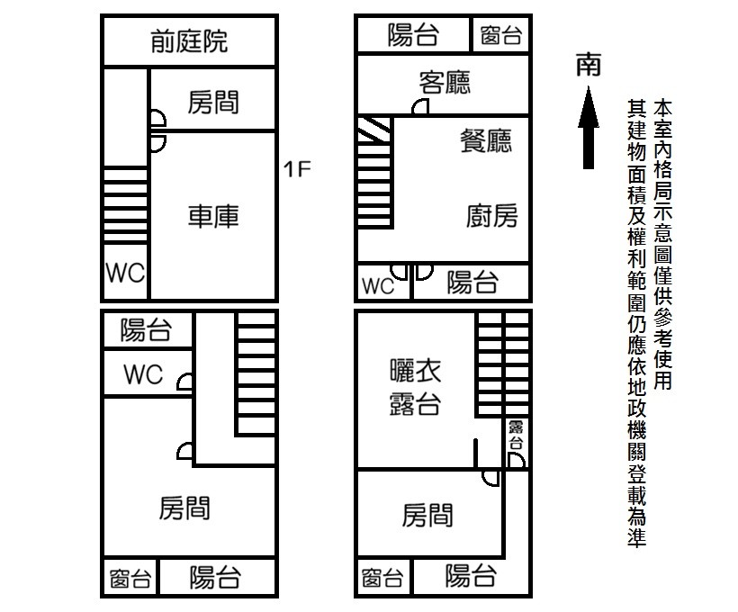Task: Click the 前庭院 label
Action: point(189,40)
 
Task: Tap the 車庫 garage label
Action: point(213,216)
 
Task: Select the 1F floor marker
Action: point(297,168)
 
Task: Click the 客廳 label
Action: point(445,83)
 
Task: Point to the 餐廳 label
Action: point(486,141)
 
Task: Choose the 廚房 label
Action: point(491,216)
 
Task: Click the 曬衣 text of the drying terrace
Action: point(415,371)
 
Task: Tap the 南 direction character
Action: point(589,64)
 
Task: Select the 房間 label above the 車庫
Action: point(213,103)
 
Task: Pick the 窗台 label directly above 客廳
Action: point(500,36)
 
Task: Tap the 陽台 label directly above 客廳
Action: point(414,36)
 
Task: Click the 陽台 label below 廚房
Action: point(472,283)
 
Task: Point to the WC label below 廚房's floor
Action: point(378,286)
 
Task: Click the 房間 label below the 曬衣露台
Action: point(427,516)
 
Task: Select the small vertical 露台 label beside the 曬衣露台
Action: point(516,436)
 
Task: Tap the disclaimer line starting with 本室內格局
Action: point(664,243)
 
